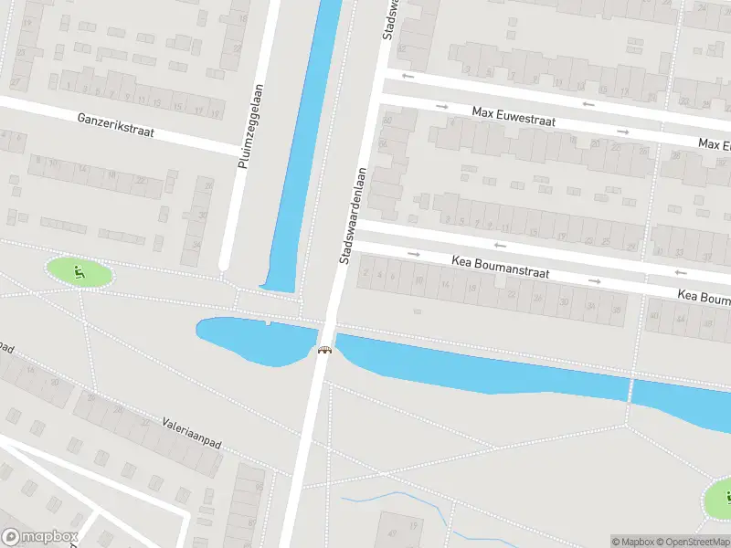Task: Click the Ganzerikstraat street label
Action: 116,126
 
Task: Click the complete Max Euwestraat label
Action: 514,116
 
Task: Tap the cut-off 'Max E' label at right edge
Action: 715,145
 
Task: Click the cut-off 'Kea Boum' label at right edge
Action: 704,297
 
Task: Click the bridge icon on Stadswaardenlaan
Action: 324,349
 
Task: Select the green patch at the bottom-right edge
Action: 719,498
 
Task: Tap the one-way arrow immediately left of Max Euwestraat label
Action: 442,107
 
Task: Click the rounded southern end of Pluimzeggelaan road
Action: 222,265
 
